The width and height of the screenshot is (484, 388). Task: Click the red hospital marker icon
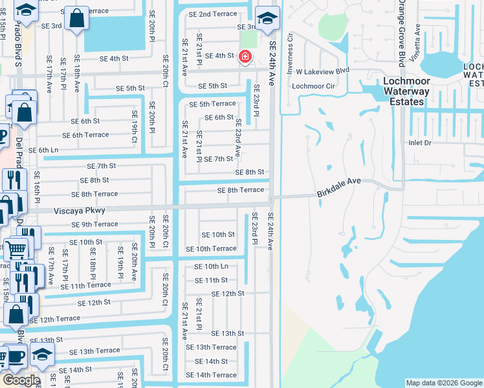click(245, 57)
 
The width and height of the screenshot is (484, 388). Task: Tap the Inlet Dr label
click(419, 143)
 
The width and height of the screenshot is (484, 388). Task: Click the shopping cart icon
click(16, 248)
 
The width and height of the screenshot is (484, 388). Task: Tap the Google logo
click(21, 380)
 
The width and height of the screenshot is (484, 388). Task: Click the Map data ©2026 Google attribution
click(444, 383)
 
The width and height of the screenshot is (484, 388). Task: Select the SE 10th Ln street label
click(212, 266)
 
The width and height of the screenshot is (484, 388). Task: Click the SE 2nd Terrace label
click(212, 14)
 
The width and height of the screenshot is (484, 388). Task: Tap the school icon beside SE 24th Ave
click(266, 19)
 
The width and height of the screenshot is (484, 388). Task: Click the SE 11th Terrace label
click(86, 285)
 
